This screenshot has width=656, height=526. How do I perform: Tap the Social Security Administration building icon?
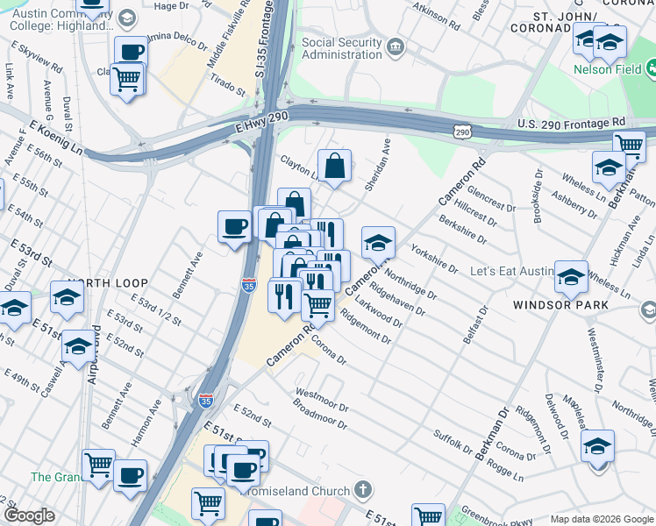click(x=396, y=44)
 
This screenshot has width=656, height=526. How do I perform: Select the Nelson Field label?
click(x=604, y=68)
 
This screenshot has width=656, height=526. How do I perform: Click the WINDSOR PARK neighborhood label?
click(x=562, y=305)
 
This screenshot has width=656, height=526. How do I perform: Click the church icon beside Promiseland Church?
click(x=364, y=490)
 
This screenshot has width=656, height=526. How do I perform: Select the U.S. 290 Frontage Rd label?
click(x=571, y=122)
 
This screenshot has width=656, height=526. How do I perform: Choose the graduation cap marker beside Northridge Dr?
click(x=378, y=243)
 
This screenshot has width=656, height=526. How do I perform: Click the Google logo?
click(x=30, y=515)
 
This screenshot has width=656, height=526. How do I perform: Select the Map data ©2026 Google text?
click(x=601, y=519)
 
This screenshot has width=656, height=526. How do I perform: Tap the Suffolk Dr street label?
click(x=453, y=439)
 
